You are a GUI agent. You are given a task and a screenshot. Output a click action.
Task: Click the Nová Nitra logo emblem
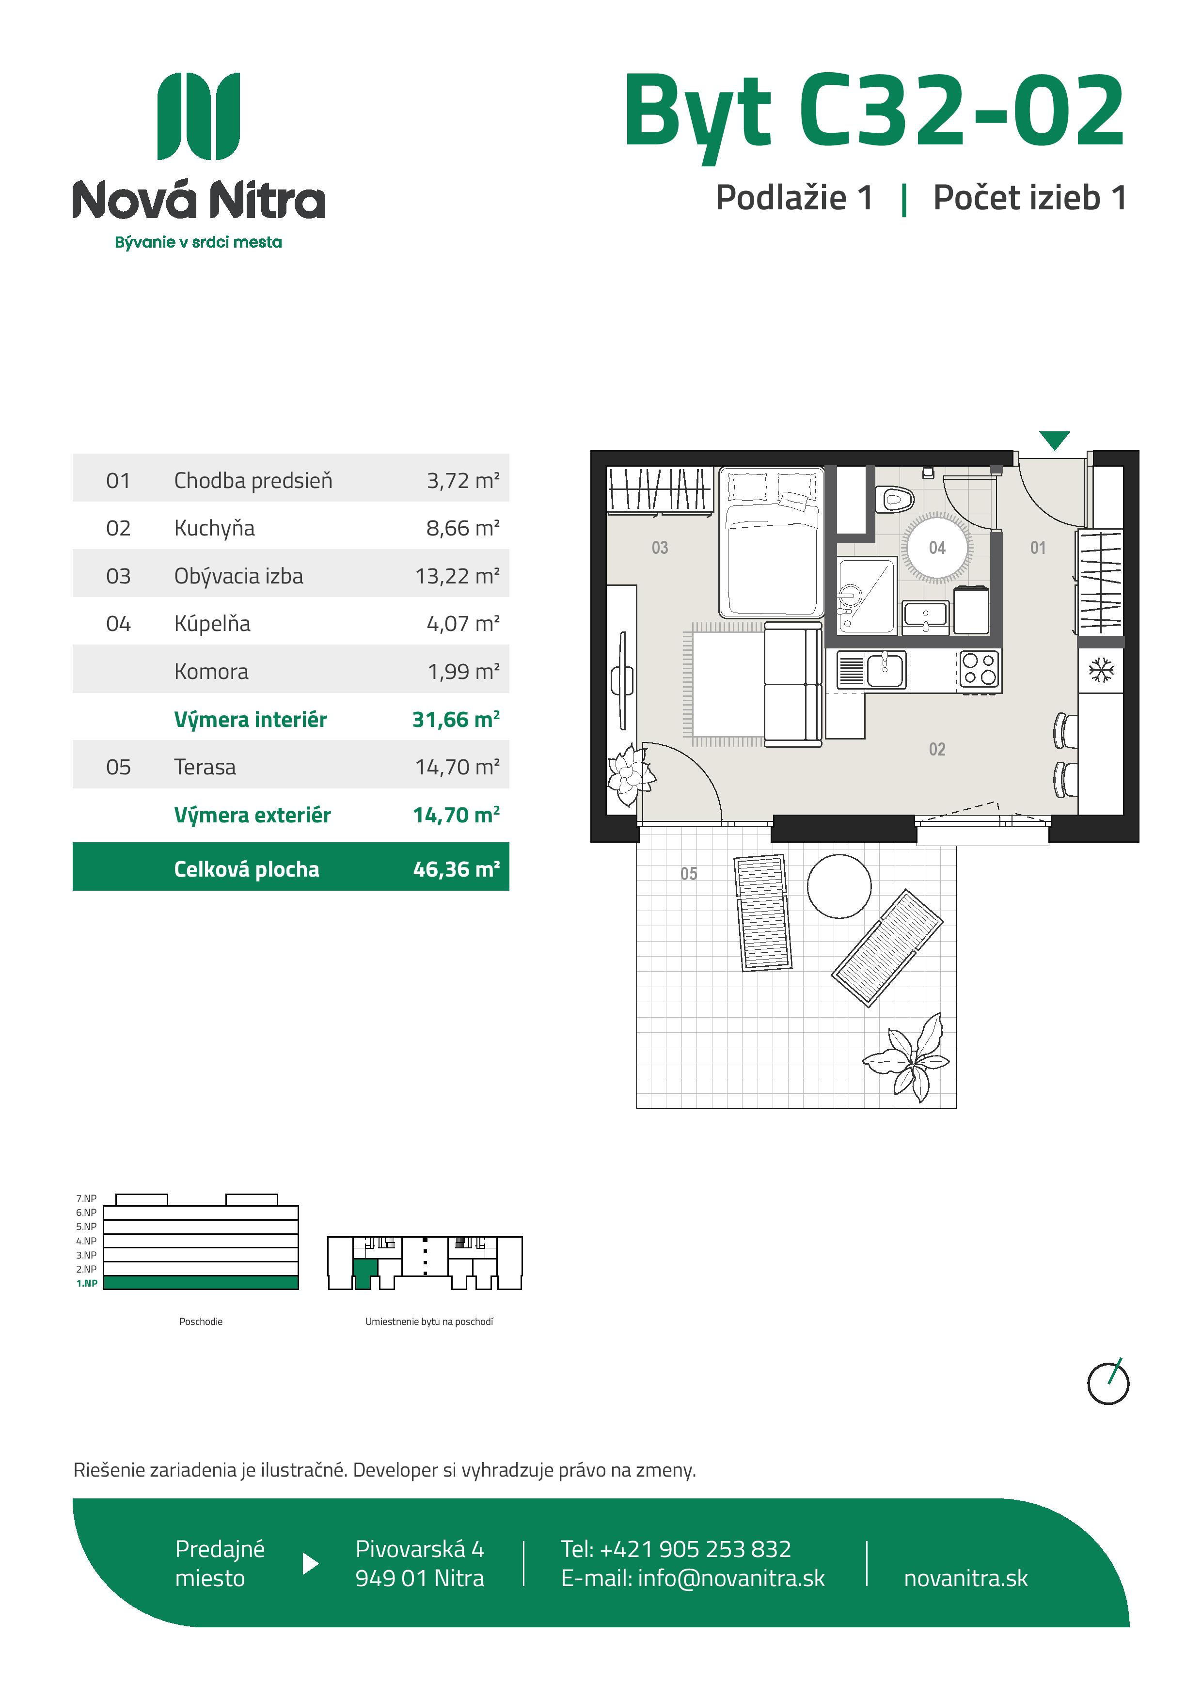click(x=199, y=116)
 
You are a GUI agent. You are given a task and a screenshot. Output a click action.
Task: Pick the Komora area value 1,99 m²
click(x=464, y=672)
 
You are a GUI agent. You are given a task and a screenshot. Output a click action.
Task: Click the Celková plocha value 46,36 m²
click(x=456, y=869)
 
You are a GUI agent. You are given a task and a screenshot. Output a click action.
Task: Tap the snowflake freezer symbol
click(x=1101, y=671)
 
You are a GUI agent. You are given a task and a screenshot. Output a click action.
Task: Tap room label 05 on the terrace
click(x=689, y=874)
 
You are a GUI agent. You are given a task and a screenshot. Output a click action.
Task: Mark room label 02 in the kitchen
click(x=937, y=749)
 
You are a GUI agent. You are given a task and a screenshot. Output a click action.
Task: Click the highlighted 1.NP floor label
click(x=87, y=1283)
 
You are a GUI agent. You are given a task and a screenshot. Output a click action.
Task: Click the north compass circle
click(x=1108, y=1383)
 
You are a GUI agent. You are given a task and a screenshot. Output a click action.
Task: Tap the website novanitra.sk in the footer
click(x=966, y=1578)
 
